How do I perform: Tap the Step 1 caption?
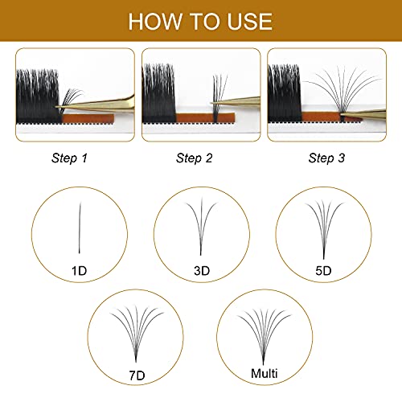[x=68, y=158]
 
